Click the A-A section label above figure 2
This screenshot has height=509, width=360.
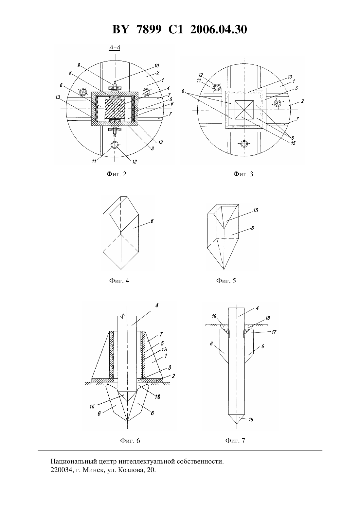click(x=115, y=48)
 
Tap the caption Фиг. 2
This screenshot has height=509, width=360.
click(x=117, y=174)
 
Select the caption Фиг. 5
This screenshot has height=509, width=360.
click(x=226, y=281)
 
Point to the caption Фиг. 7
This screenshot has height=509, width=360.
click(x=235, y=441)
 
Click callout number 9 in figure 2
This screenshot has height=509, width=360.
click(x=79, y=65)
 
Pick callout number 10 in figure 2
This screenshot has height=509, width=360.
click(x=156, y=66)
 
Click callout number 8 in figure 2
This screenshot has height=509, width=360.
click(x=70, y=73)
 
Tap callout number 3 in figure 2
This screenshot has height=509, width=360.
click(x=152, y=149)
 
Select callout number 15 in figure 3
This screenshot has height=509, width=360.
click(x=293, y=143)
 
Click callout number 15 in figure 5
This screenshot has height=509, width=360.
click(x=256, y=210)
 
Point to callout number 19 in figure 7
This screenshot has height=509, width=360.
click(x=214, y=316)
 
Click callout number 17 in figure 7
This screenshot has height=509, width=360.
click(x=274, y=332)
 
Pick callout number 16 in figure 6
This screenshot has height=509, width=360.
click(x=92, y=407)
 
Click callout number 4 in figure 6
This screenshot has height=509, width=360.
click(x=157, y=305)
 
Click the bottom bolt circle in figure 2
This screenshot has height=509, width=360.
click(x=115, y=144)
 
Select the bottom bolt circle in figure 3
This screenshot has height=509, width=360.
click(x=244, y=143)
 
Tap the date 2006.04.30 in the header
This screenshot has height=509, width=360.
click(x=218, y=29)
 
